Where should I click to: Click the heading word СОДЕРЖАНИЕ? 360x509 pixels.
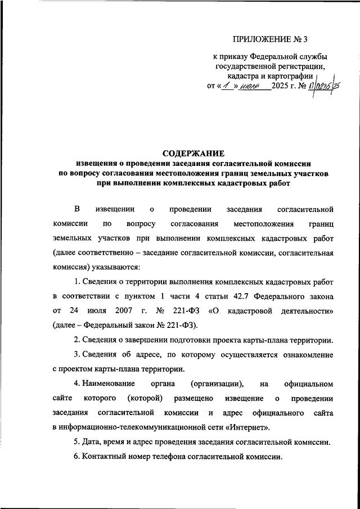pos(193,153)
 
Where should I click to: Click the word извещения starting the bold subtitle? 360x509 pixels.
pos(94,164)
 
